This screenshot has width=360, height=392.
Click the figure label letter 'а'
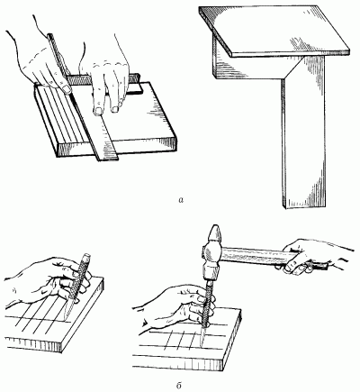coord(181,200)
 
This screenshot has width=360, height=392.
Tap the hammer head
coord(212,252)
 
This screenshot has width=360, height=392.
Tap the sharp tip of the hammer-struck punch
coord(202,346)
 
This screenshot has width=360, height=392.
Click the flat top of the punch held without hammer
coord(87,256)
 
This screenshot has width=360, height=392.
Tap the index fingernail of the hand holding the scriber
coord(67,89)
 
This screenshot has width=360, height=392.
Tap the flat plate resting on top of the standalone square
coord(274,30)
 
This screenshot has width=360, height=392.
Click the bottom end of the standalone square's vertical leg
coord(303,206)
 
